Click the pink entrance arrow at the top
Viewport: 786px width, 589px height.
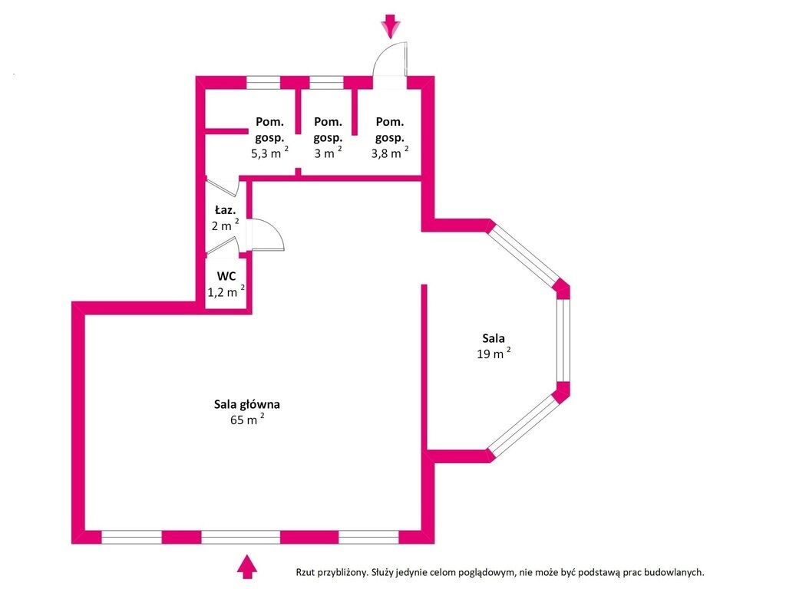coord(392,26)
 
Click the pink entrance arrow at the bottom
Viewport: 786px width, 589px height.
coord(246,566)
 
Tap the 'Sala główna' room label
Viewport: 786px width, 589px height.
coord(247,403)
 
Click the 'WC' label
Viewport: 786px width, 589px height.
coord(226,276)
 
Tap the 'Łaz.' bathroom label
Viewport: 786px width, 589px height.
coord(225,209)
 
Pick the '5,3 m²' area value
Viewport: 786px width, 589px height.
coord(269,153)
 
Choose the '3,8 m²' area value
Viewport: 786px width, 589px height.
coord(388,153)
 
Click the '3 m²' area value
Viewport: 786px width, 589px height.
coord(327,153)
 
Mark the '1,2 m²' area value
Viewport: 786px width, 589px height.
coord(226,291)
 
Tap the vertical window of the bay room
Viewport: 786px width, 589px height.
coord(563,339)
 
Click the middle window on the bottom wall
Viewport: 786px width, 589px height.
coord(240,537)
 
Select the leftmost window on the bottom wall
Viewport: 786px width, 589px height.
coord(131,537)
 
